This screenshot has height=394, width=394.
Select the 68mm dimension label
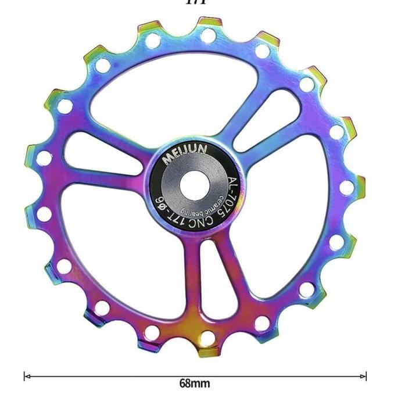pos(194,384)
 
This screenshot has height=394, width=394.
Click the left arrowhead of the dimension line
pos(26,376)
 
